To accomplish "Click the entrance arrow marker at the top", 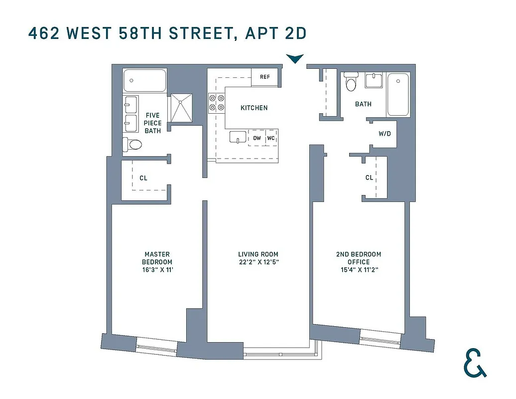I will [x=295, y=59].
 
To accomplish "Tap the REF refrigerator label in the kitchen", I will [x=264, y=76].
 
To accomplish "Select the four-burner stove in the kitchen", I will [x=216, y=102].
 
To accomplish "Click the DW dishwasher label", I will [x=257, y=138].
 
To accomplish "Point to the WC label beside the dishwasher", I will [x=271, y=138].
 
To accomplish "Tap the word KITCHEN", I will [x=254, y=108].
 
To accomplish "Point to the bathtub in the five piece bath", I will [x=144, y=81].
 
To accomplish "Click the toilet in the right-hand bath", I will [x=352, y=82].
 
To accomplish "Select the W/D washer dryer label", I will [x=385, y=134].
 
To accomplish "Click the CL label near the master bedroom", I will [x=143, y=178].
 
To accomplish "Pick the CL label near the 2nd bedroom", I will [x=369, y=178].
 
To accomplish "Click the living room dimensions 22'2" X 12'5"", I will [x=258, y=262].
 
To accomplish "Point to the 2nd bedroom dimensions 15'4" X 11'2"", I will [x=359, y=270].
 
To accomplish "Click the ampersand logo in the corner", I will [x=475, y=362].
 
